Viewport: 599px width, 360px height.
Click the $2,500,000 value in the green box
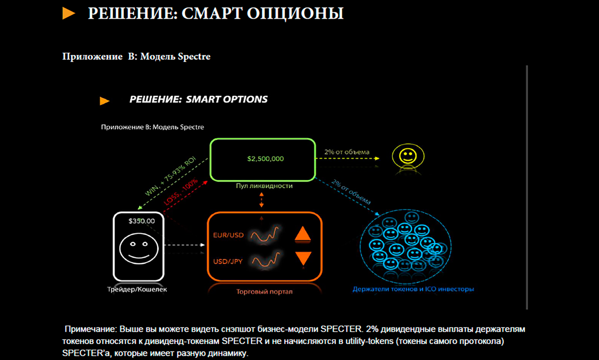pos(265,159)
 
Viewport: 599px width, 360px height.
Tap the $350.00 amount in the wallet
pos(142,221)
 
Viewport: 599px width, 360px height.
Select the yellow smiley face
pos(408,156)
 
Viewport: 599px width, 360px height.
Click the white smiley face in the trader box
pos(139,249)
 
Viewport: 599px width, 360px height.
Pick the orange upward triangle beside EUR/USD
pos(303,234)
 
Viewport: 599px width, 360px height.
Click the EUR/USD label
pos(229,235)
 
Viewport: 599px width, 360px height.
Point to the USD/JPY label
pos(228,261)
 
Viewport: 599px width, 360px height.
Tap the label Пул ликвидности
pos(264,186)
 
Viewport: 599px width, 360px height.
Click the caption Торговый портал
pos(264,291)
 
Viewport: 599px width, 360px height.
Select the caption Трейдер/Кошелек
pos(137,289)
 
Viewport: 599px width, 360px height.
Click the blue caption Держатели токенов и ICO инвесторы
pos(413,289)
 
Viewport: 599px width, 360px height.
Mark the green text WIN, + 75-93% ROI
pos(170,176)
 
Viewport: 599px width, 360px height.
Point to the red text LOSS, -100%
pos(181,191)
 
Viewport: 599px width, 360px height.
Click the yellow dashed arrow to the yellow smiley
pos(347,158)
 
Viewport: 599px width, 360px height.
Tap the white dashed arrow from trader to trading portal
pos(184,245)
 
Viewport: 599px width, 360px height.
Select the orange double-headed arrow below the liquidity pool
pos(262,200)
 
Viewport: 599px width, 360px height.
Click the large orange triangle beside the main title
pos(69,13)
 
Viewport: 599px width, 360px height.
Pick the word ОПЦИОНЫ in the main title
pos(295,13)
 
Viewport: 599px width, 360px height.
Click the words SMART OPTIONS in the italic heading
pos(226,99)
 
